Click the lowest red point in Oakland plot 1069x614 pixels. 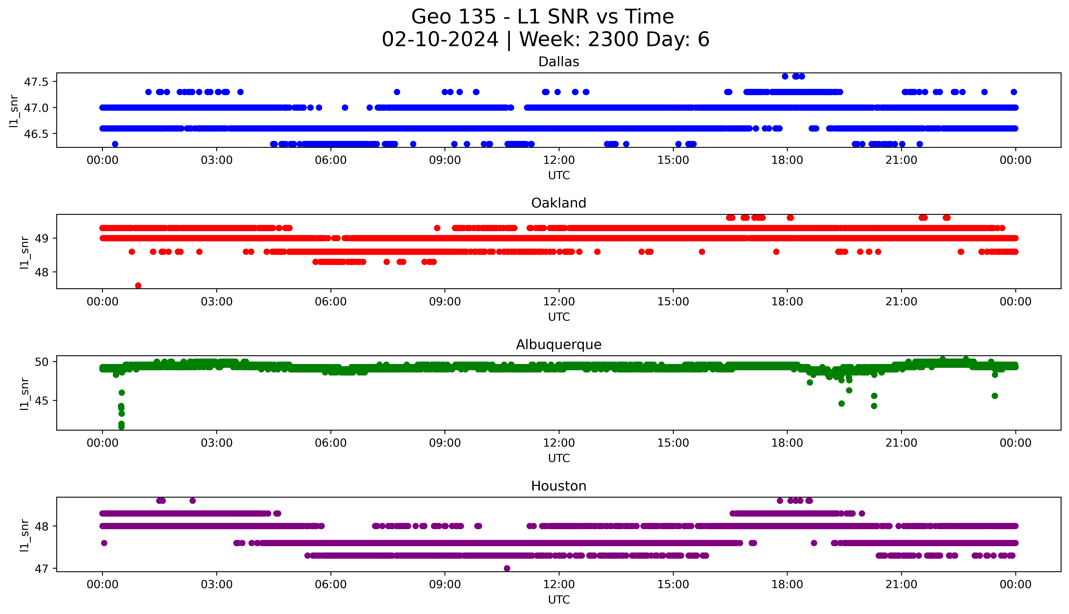138,285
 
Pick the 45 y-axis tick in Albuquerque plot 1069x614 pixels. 42,401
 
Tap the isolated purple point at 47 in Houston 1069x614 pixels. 507,568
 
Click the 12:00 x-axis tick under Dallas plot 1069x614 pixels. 559,160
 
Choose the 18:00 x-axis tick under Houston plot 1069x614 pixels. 787,584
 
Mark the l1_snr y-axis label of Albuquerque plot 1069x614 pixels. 25,394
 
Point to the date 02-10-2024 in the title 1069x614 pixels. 440,40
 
